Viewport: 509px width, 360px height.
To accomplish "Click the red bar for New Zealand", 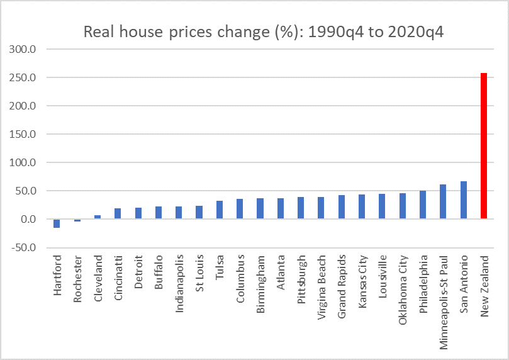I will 483,146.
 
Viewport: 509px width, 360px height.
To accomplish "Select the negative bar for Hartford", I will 57,223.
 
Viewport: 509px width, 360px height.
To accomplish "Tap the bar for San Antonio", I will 463,200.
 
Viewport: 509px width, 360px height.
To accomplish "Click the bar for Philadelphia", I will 422,205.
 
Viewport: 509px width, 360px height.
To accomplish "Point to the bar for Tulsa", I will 219,210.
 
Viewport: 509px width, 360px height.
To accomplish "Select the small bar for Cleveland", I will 98,217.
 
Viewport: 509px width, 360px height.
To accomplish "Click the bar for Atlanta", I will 280,208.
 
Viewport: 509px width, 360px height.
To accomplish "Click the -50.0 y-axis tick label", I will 23,247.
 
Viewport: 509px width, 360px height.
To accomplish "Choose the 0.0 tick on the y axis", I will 28,219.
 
